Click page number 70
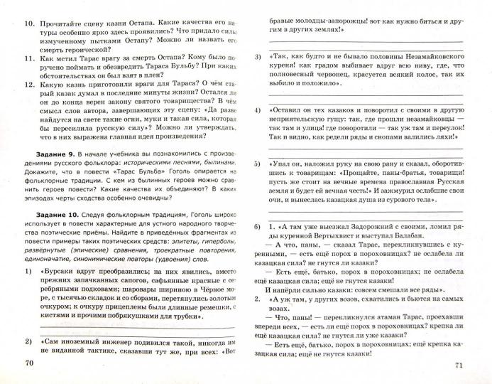pos(28,364)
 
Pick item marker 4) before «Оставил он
pos(257,112)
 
